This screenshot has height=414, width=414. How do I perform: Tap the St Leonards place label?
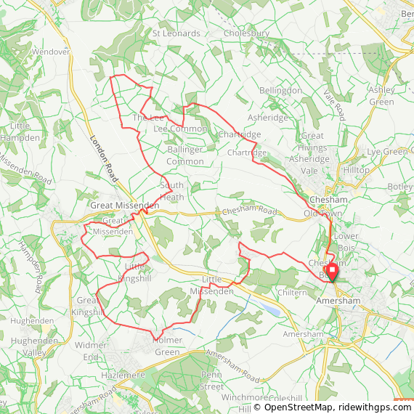click(x=176, y=33)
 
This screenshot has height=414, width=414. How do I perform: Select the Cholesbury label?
click(x=247, y=33)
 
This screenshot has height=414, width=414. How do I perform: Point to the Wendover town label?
click(x=51, y=52)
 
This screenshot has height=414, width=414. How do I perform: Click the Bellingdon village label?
click(x=281, y=90)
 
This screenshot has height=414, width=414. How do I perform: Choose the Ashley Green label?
click(x=381, y=95)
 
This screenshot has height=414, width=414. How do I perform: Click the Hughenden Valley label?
click(x=34, y=346)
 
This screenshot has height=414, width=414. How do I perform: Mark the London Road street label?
click(x=105, y=159)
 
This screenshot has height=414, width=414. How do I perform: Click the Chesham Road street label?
click(x=250, y=211)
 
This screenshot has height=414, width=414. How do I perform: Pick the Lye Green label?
click(x=387, y=152)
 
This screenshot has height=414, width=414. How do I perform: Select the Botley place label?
click(x=401, y=187)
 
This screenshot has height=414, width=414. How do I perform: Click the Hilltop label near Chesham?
click(x=357, y=170)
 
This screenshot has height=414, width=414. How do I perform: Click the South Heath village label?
click(x=171, y=191)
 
